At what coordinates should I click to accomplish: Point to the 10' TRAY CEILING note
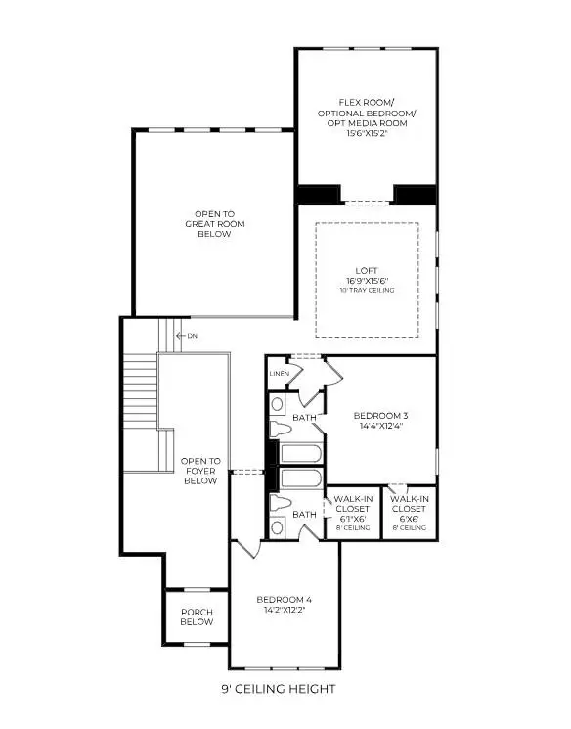367,289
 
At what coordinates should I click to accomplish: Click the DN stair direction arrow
180,336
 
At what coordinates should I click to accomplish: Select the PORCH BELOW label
197,617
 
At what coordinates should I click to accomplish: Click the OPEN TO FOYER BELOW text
199,471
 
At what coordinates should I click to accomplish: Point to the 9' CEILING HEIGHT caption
278,689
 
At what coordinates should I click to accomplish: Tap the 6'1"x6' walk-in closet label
351,509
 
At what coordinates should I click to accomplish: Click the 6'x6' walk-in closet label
408,509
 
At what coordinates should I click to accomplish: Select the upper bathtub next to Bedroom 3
300,454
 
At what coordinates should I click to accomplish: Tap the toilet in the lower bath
279,505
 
